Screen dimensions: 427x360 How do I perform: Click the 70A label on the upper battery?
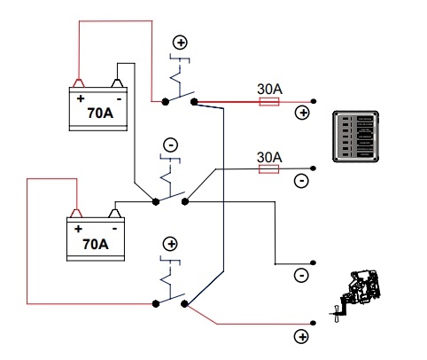[x=100, y=113]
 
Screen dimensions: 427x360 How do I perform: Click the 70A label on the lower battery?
[x=96, y=244]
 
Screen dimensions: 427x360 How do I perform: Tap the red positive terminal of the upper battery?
[x=79, y=83]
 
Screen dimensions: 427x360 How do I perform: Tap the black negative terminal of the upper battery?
[x=117, y=83]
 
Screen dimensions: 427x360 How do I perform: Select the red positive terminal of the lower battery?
[x=76, y=213]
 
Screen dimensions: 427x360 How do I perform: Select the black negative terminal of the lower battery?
[x=115, y=213]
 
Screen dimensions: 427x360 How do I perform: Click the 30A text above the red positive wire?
[x=269, y=89]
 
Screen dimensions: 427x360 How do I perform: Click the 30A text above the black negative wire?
[x=269, y=157]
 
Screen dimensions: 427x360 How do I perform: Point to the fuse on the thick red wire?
[x=269, y=102]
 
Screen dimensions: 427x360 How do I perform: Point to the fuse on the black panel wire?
[x=268, y=169]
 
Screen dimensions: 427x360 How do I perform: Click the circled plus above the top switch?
[x=180, y=43]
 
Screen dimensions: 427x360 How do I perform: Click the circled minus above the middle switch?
[x=171, y=145]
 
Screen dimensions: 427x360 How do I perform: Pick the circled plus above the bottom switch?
[x=170, y=244]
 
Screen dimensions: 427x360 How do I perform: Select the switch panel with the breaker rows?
[x=355, y=137]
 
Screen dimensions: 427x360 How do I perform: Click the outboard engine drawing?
[x=355, y=295]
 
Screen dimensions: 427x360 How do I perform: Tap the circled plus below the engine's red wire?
[x=301, y=337]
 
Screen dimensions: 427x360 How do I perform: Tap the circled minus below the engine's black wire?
[x=301, y=276]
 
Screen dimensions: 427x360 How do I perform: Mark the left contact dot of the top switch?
[x=166, y=102]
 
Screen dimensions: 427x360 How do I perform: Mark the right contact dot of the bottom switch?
[x=184, y=304]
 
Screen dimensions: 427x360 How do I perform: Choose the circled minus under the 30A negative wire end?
[x=301, y=181]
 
